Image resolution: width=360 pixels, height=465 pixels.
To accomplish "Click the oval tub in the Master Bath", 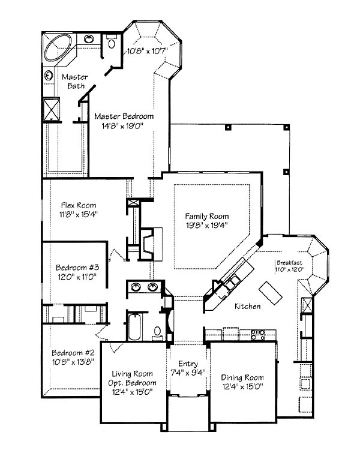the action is click(x=58, y=48).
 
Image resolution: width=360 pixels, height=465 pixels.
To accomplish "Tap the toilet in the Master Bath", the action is click(x=112, y=41).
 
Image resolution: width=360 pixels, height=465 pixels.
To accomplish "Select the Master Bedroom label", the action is click(x=124, y=116).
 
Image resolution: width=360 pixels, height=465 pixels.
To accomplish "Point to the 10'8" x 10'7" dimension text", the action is click(x=148, y=51).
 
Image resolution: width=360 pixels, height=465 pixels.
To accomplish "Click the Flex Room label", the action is click(x=79, y=205).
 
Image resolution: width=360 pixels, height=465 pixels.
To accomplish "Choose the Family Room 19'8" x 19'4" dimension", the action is click(x=206, y=225).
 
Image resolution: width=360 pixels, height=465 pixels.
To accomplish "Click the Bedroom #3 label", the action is click(x=77, y=268).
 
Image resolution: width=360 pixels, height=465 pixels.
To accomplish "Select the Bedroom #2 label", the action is click(x=73, y=353).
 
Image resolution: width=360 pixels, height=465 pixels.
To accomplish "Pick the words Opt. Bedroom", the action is click(x=132, y=383).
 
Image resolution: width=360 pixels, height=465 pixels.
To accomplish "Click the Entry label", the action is click(x=188, y=364).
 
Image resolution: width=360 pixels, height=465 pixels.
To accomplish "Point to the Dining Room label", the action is click(x=242, y=377).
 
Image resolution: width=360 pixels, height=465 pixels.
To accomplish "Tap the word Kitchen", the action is click(x=248, y=306).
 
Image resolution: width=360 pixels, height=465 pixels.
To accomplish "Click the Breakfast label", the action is click(x=290, y=263).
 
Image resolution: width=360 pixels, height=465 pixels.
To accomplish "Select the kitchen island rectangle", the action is click(x=271, y=293).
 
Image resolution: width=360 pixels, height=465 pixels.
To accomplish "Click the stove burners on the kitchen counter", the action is click(x=258, y=335).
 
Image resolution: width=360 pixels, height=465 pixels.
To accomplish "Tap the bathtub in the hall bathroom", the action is click(x=134, y=327).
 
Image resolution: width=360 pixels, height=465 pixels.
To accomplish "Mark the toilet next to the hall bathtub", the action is click(x=157, y=333).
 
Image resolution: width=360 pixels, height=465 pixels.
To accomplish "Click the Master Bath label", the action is click(x=75, y=82).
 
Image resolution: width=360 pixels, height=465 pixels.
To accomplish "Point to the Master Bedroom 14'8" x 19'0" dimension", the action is click(x=123, y=126).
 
